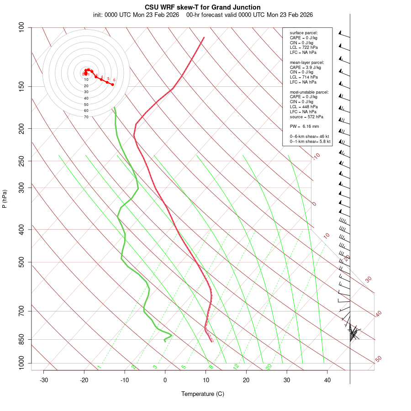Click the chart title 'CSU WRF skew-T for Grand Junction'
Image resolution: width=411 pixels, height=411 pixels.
point(203,7)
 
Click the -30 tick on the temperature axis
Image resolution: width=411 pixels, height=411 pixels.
point(44,380)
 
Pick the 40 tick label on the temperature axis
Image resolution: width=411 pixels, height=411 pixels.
point(327,380)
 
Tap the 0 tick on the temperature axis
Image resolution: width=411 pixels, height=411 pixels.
point(165,380)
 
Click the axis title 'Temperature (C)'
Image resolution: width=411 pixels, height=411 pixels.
point(203,394)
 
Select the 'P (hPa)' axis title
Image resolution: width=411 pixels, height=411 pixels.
point(5,199)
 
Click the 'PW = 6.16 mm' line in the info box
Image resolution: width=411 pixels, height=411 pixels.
point(304,126)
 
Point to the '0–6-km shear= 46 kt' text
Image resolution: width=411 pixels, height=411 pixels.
point(309,137)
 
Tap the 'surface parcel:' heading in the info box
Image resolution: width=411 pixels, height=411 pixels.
point(304,33)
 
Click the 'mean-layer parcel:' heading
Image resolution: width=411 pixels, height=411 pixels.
point(307,62)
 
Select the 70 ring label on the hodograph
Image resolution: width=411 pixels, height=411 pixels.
point(86,117)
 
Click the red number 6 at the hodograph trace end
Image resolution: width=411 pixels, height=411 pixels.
point(114,80)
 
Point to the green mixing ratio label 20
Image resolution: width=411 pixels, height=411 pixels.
point(269,366)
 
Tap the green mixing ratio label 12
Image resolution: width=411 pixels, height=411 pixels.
point(236,366)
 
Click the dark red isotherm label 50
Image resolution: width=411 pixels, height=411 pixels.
point(378,359)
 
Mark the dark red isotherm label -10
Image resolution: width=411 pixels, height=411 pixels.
point(316,156)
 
